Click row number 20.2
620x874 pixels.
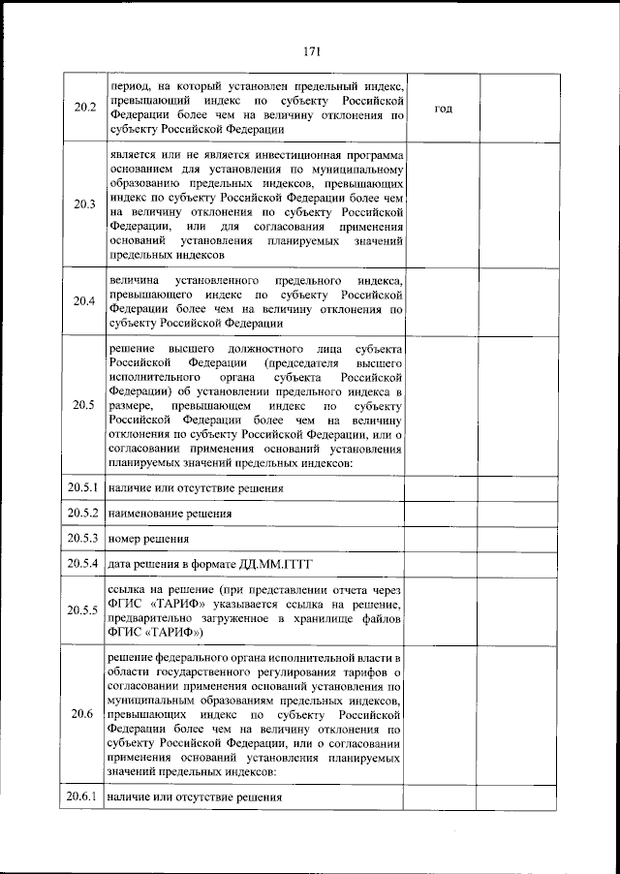pos(84,107)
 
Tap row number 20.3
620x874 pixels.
pos(84,204)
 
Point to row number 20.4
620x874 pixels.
pos(84,300)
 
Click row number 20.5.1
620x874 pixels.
pos(84,487)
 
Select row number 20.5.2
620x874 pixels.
pos(84,513)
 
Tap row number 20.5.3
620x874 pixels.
pos(84,538)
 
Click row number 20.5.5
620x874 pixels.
pos(84,610)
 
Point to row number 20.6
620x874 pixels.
pos(84,714)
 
